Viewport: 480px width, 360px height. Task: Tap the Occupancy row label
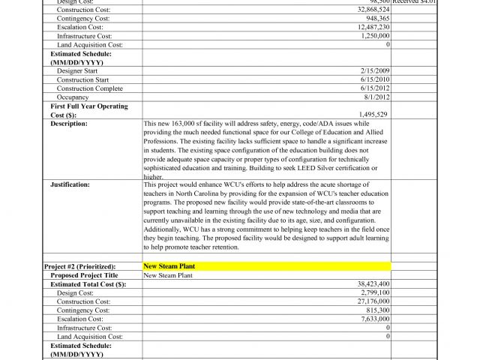point(73,97)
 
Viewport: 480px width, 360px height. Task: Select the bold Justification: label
point(70,184)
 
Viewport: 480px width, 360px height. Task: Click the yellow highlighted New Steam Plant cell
point(266,266)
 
